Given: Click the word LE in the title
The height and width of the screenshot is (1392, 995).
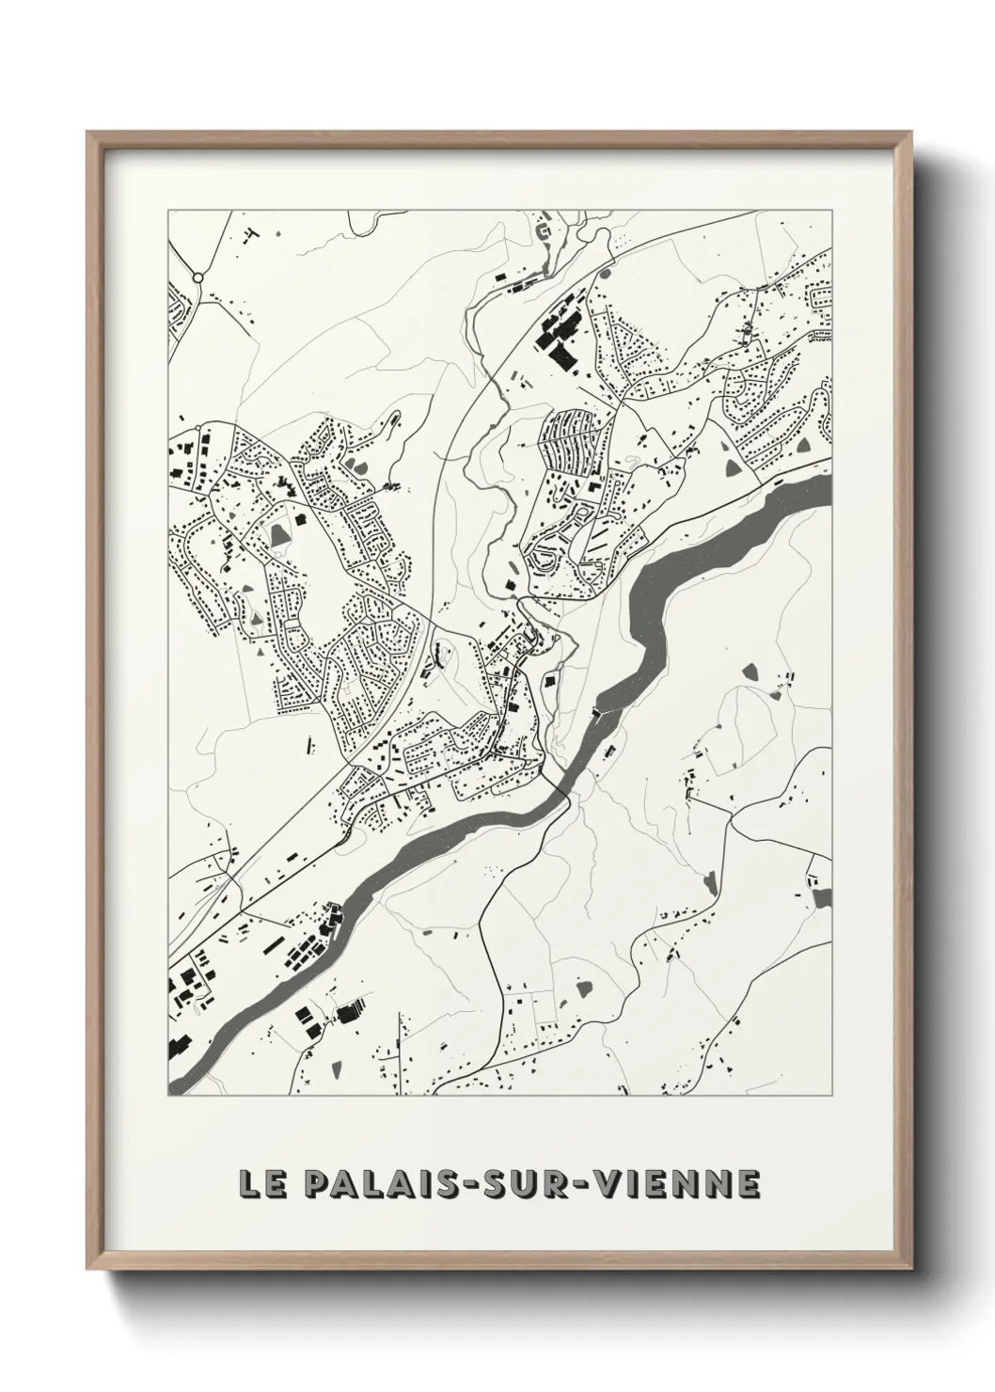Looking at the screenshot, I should click(260, 1183).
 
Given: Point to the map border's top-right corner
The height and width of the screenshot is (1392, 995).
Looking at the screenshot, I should click(831, 210).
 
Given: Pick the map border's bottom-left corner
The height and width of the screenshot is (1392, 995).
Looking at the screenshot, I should click(168, 1095).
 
